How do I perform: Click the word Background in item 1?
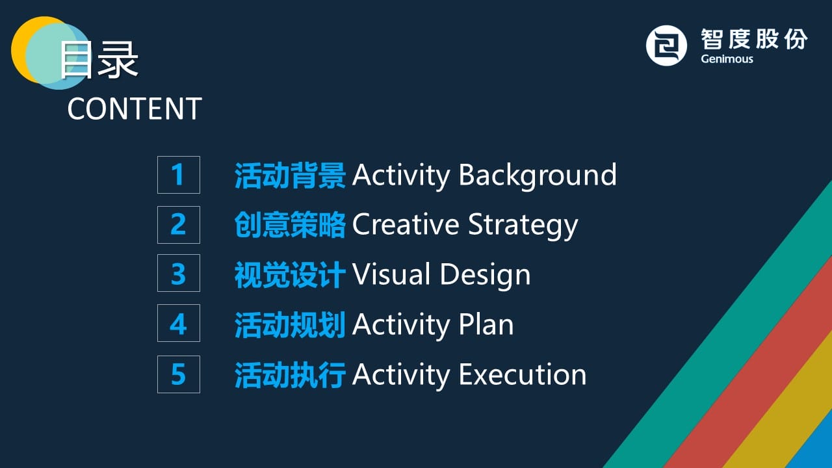click(538, 175)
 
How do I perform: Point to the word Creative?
click(406, 224)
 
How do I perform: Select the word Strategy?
click(523, 226)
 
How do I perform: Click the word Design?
click(486, 276)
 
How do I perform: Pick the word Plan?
click(486, 324)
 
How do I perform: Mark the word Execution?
click(523, 374)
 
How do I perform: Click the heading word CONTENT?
click(135, 109)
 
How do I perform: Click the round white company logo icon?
click(666, 45)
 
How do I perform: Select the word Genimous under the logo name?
click(727, 59)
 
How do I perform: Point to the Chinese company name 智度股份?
click(754, 39)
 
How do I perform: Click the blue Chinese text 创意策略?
click(290, 225)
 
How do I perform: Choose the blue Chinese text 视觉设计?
click(290, 274)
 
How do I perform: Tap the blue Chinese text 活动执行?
click(290, 375)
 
